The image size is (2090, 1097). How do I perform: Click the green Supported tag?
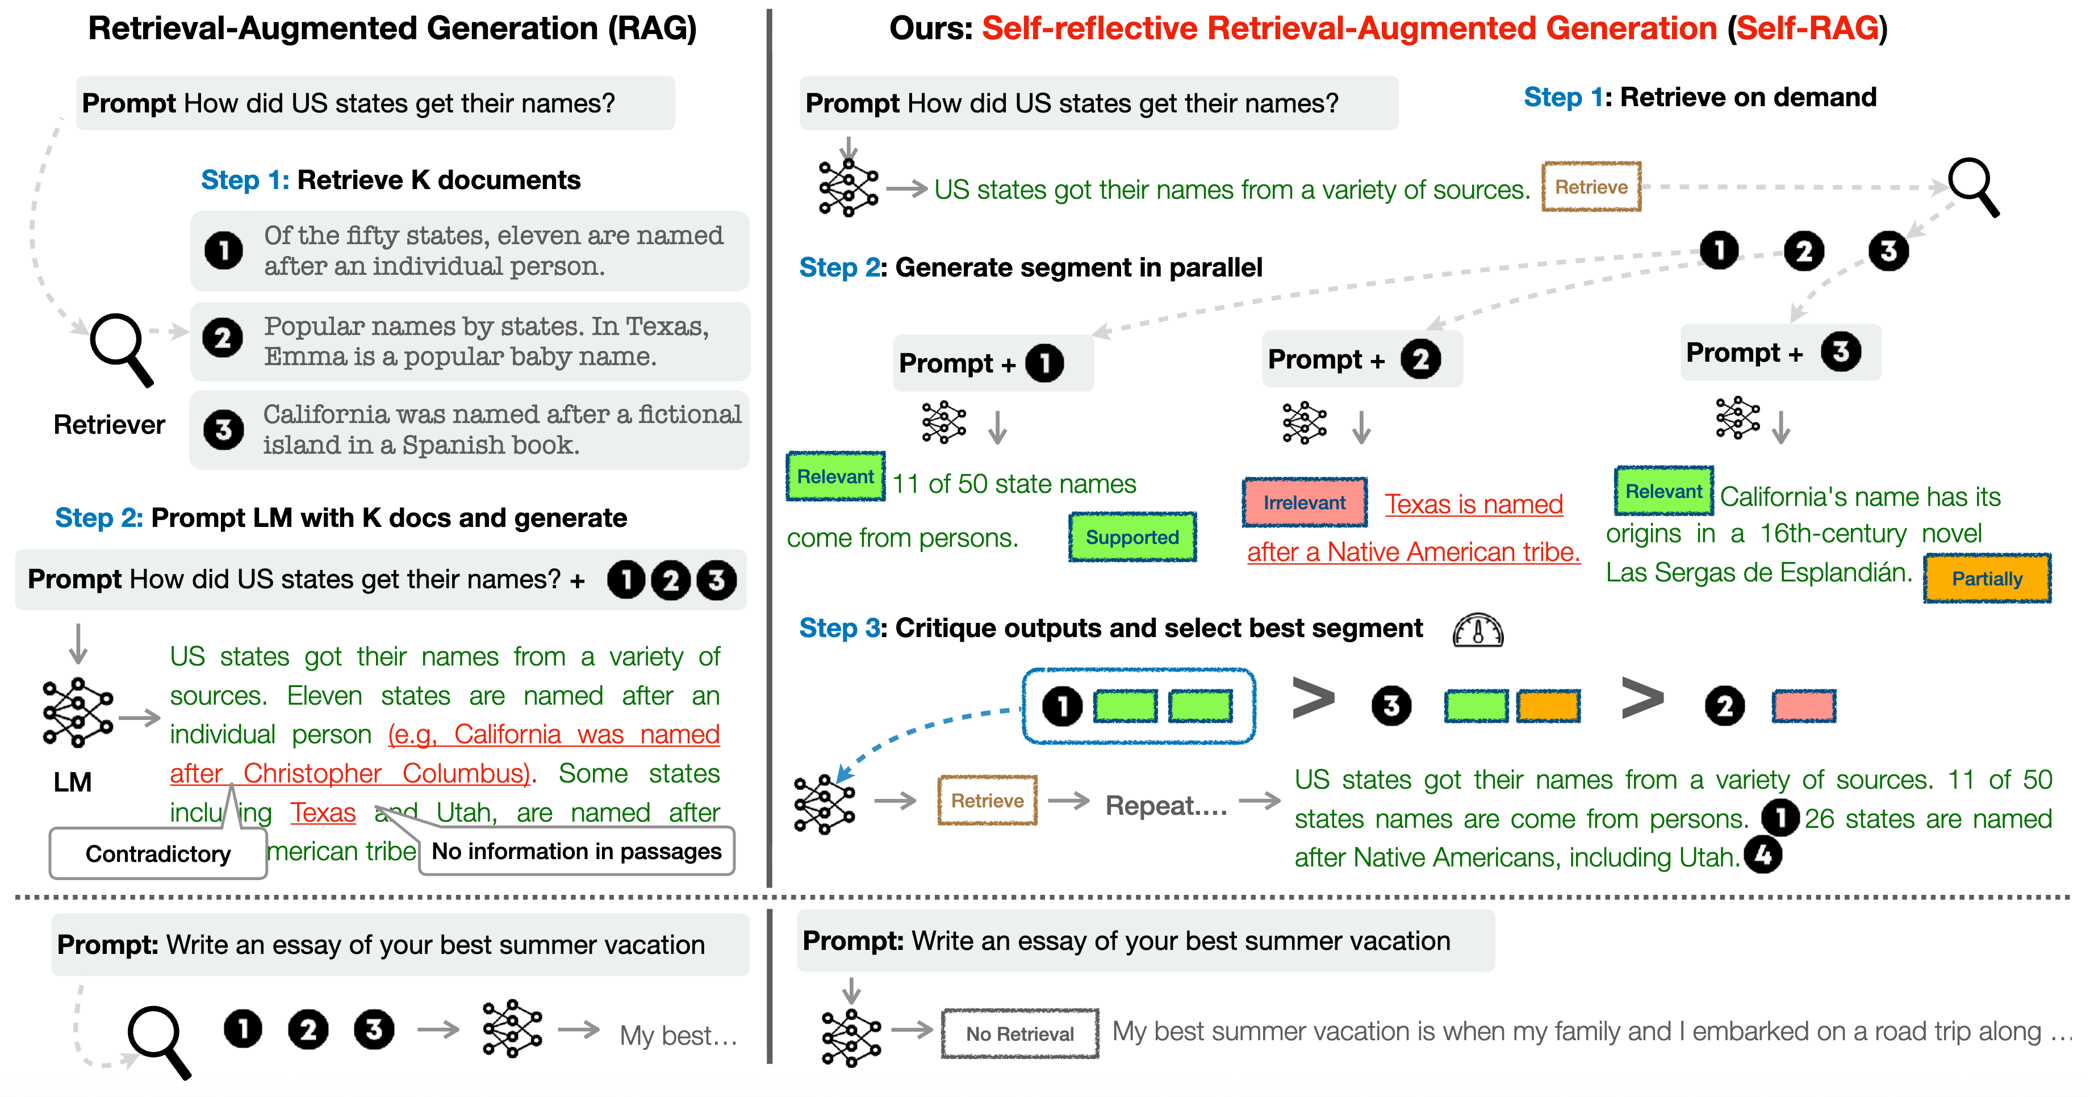pos(1132,537)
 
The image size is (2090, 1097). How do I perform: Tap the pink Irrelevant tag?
pos(1305,503)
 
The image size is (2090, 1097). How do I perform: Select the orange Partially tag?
pos(1987,579)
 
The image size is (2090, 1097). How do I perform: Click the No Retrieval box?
pos(1020,1034)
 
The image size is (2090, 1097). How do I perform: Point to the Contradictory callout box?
pos(158,853)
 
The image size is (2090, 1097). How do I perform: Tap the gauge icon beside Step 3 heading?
pos(1477,630)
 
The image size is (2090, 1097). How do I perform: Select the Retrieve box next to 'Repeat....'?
pos(988,801)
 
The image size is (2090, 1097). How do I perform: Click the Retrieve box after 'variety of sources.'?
pos(1591,187)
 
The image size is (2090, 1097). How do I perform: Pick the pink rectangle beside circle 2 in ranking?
pos(1804,706)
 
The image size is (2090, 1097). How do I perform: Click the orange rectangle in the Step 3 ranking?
pos(1549,706)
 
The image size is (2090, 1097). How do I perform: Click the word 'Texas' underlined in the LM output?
pos(323,812)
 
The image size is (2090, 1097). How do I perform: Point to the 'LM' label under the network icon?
pos(72,782)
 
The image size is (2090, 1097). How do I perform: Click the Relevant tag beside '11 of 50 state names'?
pos(835,476)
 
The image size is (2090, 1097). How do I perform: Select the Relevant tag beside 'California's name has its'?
pos(1664,491)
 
